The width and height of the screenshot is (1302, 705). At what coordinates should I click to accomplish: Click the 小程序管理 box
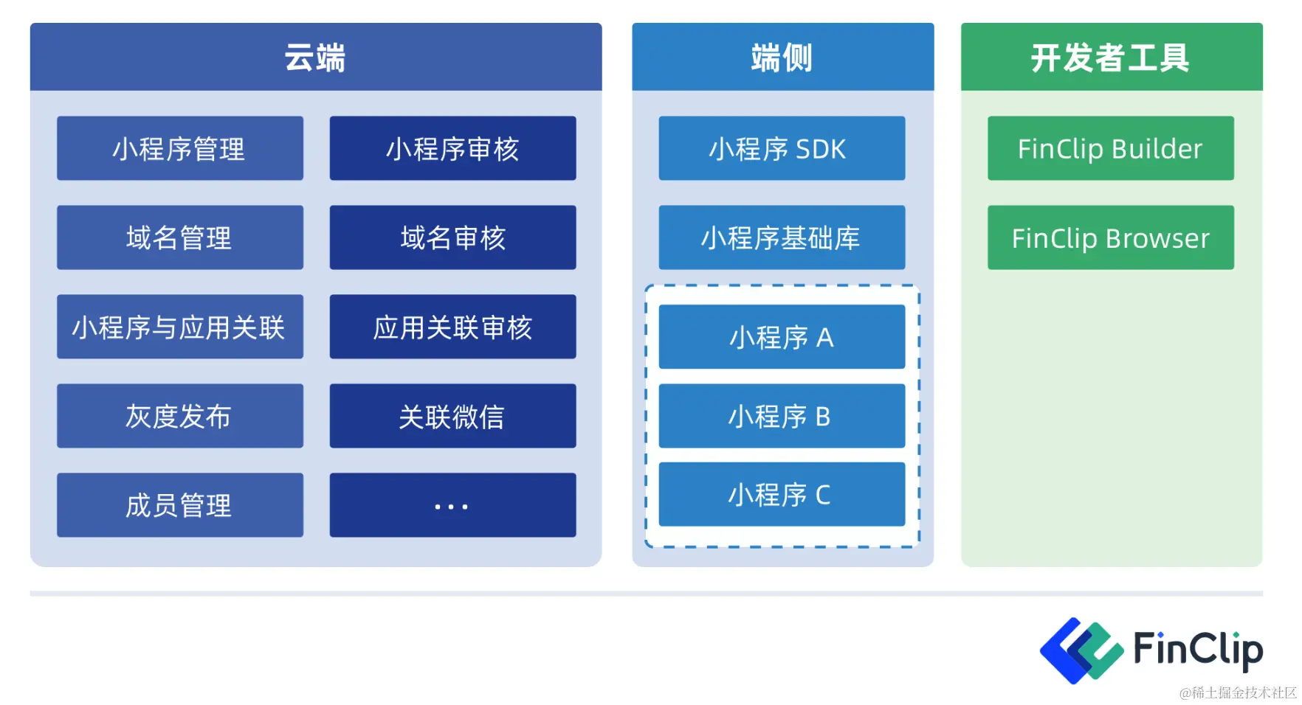179,148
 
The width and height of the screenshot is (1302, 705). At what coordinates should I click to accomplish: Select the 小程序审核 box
452,148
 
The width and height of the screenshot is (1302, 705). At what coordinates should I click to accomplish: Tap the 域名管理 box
179,237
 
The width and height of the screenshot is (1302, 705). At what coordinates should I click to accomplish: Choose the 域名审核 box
452,237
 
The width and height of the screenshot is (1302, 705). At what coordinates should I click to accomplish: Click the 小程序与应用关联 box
179,327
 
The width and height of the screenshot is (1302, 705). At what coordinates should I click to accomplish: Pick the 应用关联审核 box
452,327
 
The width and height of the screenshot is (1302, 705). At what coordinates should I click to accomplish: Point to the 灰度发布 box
179,416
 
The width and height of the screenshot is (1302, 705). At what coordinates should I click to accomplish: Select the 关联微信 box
452,416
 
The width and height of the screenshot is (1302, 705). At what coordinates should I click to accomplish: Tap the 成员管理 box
179,505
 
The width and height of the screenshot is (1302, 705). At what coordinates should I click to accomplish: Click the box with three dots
452,505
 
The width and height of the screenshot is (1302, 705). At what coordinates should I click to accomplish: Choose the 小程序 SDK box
782,148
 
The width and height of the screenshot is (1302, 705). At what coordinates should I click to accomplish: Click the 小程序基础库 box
782,237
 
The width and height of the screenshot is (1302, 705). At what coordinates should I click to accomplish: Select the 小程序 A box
782,337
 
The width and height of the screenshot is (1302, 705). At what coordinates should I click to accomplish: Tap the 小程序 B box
782,416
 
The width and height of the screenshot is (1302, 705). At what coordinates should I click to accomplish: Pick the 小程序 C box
782,494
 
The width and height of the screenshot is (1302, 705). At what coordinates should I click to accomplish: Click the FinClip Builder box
1110,148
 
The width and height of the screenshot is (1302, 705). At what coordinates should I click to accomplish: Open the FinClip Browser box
1110,237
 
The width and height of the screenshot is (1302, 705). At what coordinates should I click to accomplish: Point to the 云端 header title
315,58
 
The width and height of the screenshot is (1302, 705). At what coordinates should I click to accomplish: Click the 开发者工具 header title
1110,58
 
